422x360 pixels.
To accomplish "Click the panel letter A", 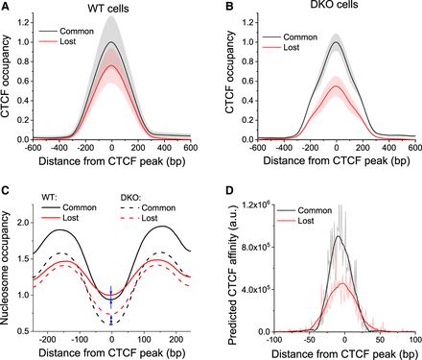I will [7, 6].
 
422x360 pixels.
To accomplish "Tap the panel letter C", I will [7, 190].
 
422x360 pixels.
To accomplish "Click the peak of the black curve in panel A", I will [112, 42].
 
